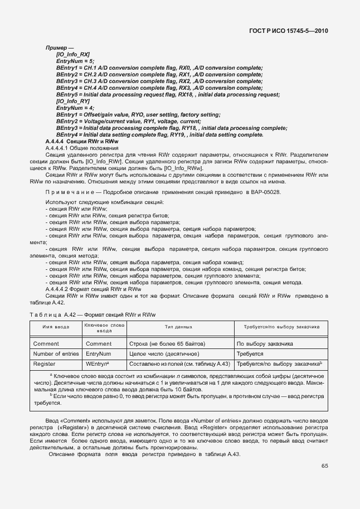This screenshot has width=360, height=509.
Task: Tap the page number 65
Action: pyautogui.click(x=324, y=466)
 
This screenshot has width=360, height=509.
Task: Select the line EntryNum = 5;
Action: pyautogui.click(x=75, y=61)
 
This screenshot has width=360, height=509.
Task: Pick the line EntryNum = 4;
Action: pyautogui.click(x=75, y=108)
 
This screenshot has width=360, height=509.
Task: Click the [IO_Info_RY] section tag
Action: pyautogui.click(x=73, y=101)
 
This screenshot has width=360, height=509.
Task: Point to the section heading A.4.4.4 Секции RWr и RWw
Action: pyautogui.click(x=81, y=142)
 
